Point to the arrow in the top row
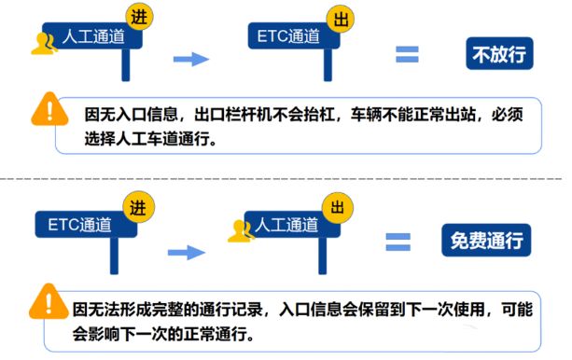(x=192, y=59)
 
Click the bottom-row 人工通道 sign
(x=286, y=225)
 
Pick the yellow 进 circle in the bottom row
(x=139, y=207)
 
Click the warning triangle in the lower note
(x=44, y=301)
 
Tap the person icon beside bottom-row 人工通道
(x=241, y=230)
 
